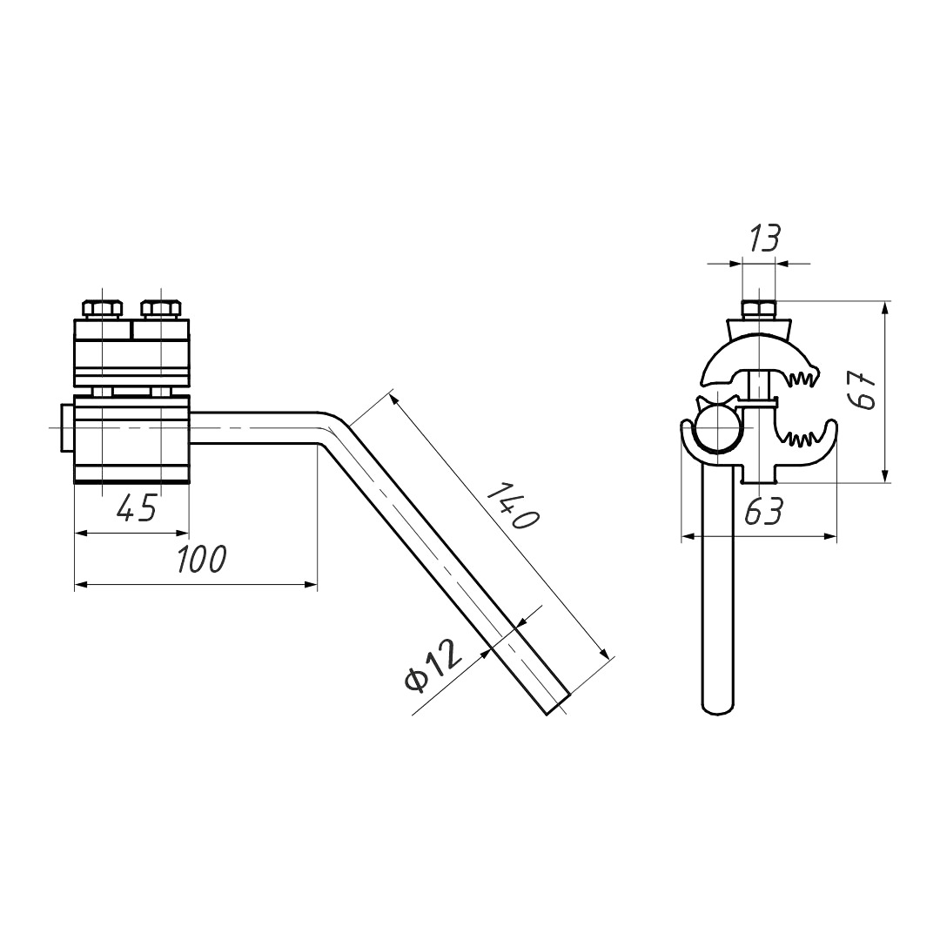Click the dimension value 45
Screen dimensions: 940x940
[138, 507]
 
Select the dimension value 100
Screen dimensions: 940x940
[202, 559]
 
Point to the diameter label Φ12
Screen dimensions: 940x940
[433, 666]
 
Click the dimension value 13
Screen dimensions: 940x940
[764, 238]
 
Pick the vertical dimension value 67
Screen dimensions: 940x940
[863, 390]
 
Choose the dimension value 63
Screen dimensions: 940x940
[764, 512]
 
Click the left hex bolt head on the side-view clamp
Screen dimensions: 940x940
[104, 308]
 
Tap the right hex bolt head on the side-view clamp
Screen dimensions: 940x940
[161, 308]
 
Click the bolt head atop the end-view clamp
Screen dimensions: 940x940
[758, 309]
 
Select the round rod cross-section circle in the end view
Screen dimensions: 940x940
[717, 426]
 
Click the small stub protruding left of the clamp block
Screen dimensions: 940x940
[66, 428]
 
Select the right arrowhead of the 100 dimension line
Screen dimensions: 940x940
[311, 584]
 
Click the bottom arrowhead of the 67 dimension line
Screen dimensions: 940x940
[885, 475]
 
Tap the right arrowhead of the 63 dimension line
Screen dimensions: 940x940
[829, 536]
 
